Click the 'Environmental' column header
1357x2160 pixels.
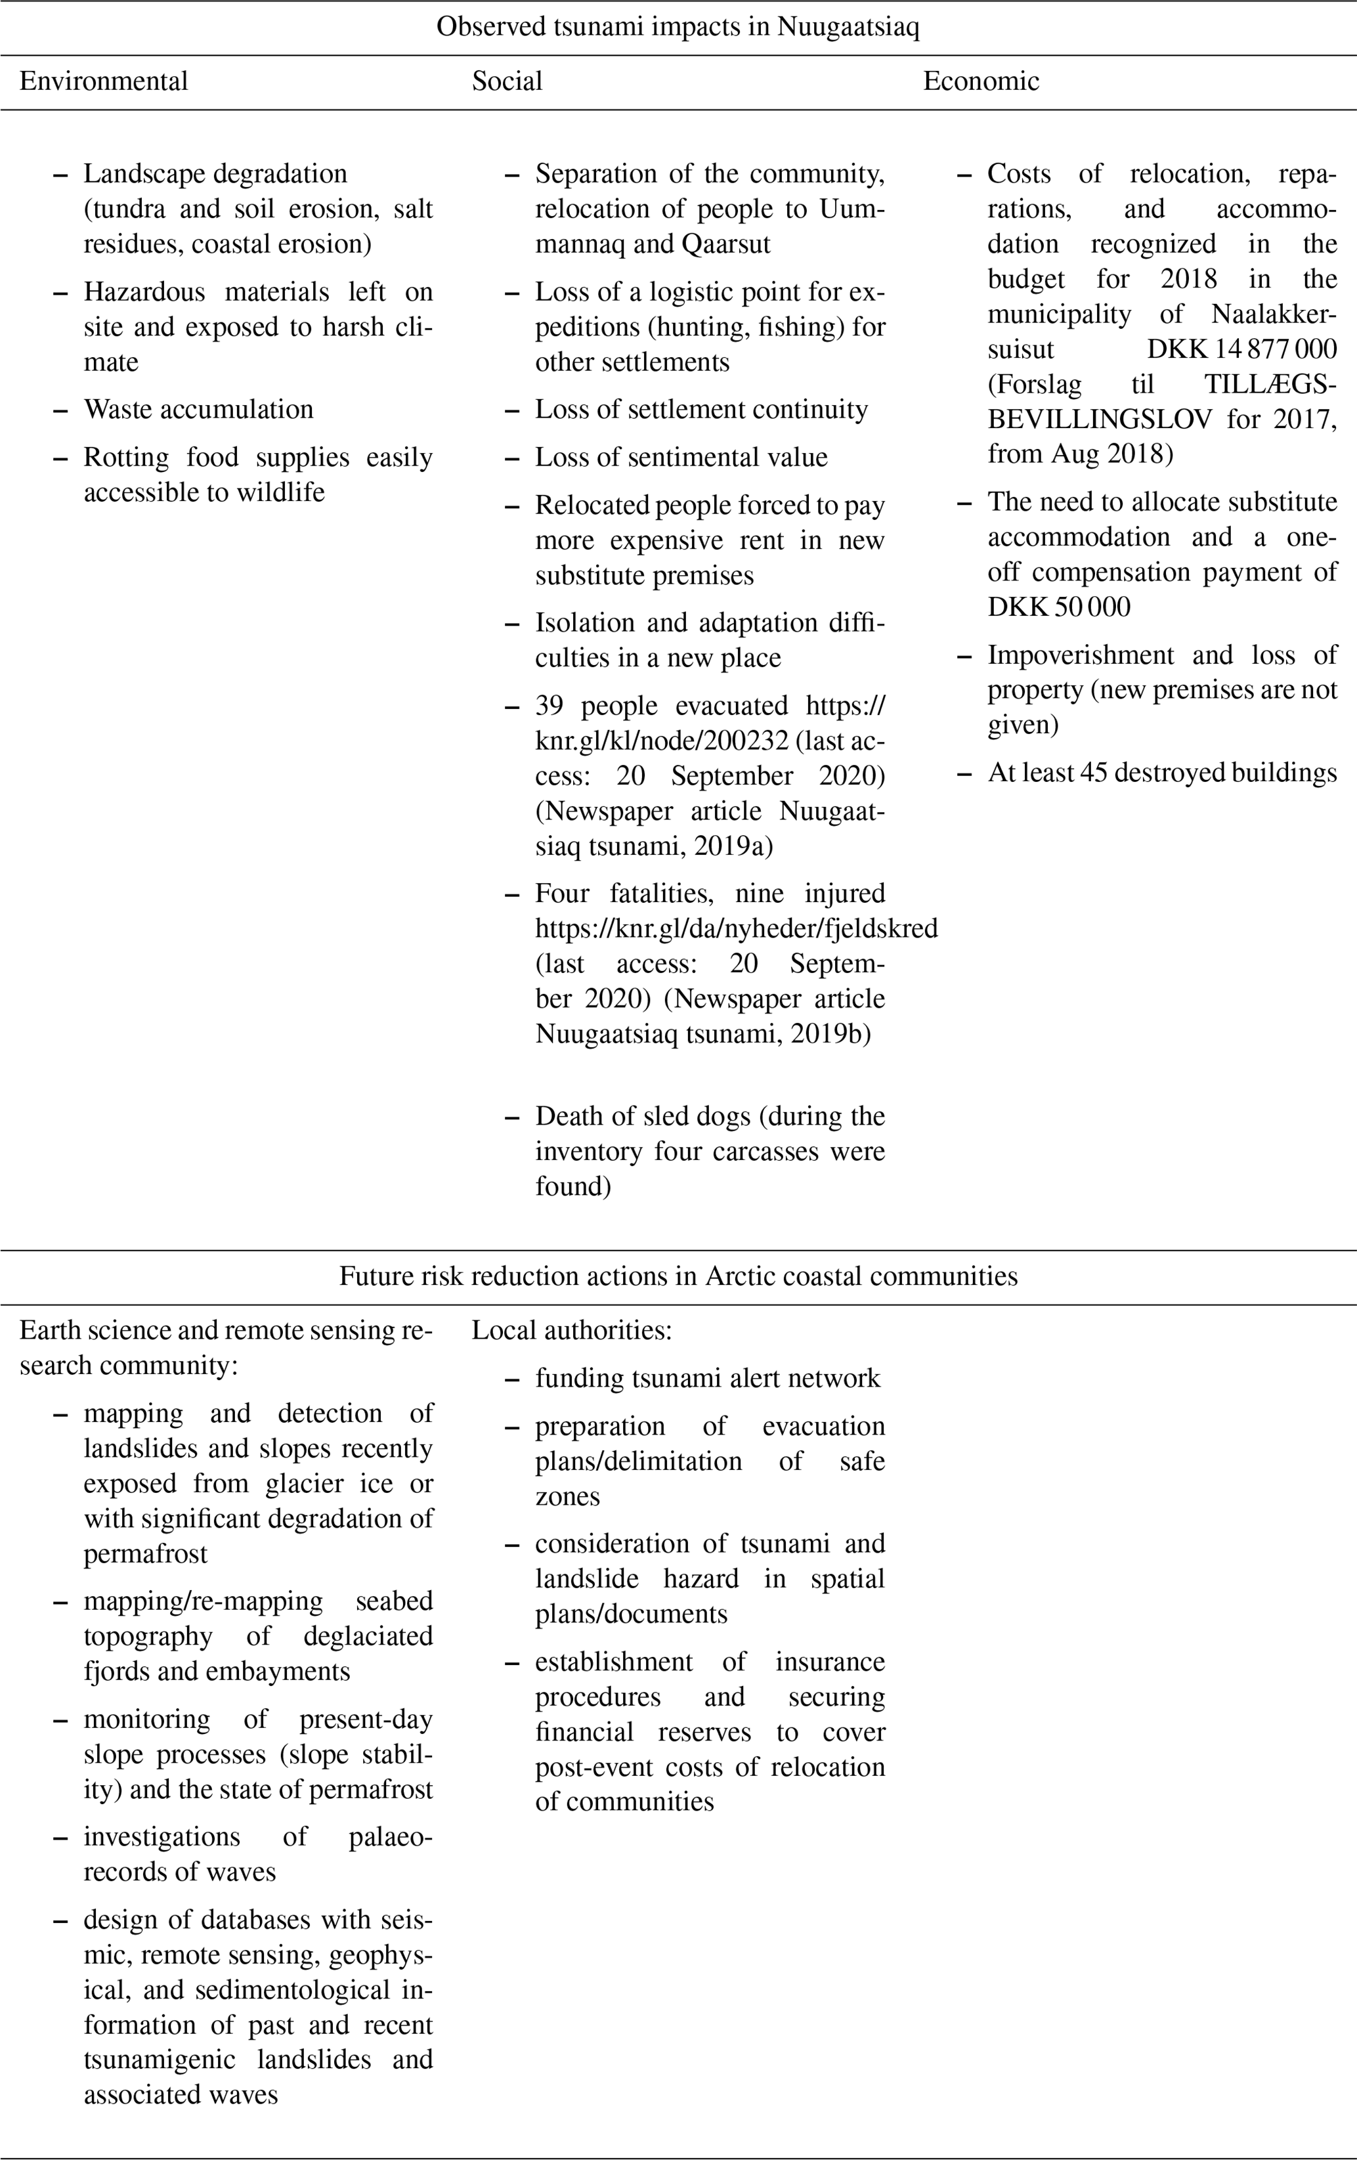click(103, 81)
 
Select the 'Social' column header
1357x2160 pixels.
click(507, 81)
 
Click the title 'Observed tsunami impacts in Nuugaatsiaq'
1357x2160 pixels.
click(678, 27)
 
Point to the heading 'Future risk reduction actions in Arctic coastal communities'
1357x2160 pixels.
click(678, 1276)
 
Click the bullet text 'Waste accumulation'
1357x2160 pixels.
click(198, 410)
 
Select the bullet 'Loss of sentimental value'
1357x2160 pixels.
click(681, 458)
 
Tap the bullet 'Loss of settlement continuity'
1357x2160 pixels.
click(701, 410)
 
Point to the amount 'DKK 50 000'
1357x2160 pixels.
click(1058, 607)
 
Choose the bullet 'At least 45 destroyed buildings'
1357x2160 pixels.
click(1163, 773)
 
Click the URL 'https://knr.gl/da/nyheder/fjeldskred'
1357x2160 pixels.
click(737, 928)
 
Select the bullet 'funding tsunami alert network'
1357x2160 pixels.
click(708, 1379)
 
